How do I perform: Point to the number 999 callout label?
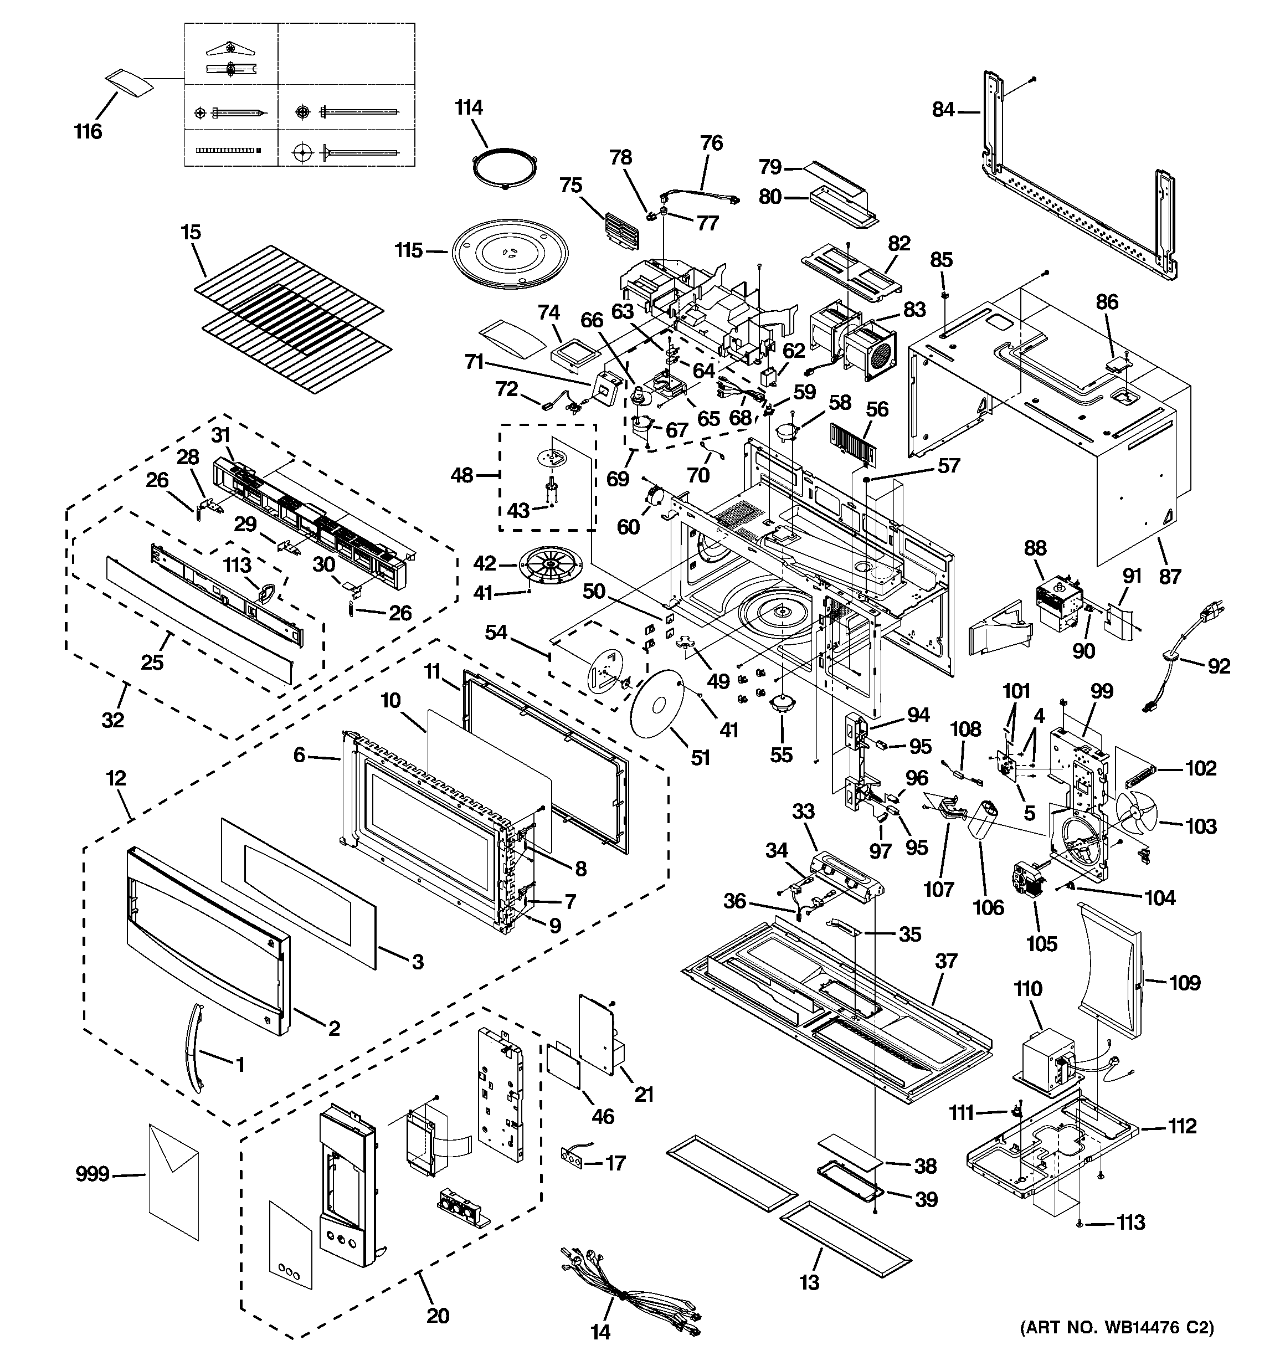[x=92, y=1173]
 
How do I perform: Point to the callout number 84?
[x=942, y=110]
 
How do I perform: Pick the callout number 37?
[x=945, y=961]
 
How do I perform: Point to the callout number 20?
[x=438, y=1315]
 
